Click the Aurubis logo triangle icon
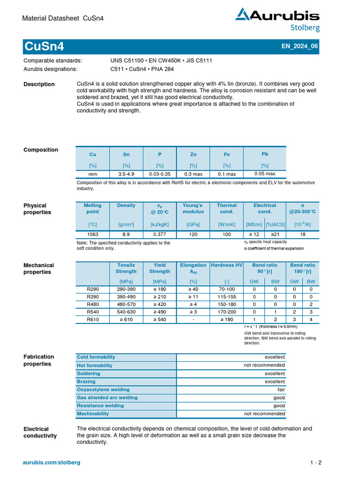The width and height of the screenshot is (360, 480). pyautogui.click(x=243, y=15)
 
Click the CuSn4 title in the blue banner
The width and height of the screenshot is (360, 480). pyautogui.click(x=44, y=47)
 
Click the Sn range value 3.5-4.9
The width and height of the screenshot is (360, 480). pyautogui.click(x=126, y=174)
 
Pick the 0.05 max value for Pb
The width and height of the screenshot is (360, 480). pyautogui.click(x=264, y=173)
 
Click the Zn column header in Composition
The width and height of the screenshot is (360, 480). pyautogui.click(x=193, y=154)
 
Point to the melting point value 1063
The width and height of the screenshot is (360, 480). pyautogui.click(x=92, y=234)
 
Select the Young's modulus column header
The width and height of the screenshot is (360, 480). pyautogui.click(x=193, y=209)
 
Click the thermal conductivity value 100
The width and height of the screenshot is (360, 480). pyautogui.click(x=227, y=234)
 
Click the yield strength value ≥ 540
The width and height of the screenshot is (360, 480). pyautogui.click(x=159, y=320)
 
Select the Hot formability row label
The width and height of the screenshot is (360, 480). pyautogui.click(x=95, y=365)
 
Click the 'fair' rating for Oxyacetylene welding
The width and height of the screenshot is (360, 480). pyautogui.click(x=281, y=390)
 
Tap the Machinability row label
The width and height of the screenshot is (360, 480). pyautogui.click(x=93, y=414)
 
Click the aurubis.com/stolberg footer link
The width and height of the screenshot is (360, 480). pyautogui.click(x=52, y=463)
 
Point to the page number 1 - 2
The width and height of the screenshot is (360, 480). pyautogui.click(x=315, y=463)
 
